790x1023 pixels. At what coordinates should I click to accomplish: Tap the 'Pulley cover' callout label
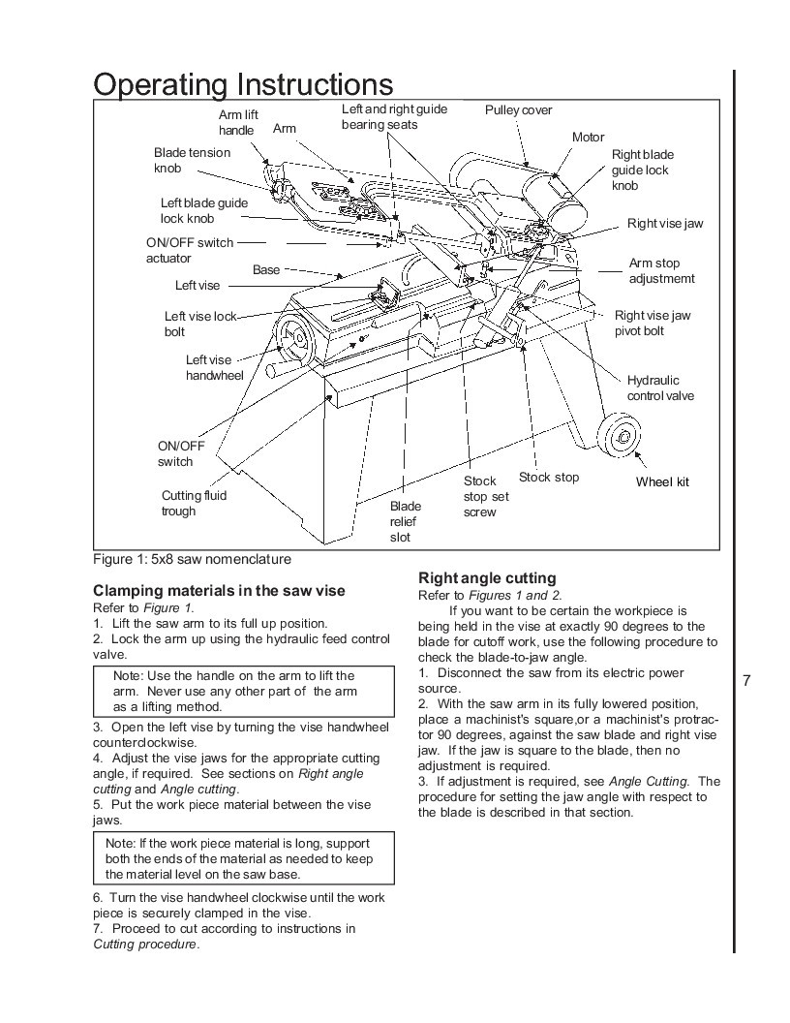point(518,110)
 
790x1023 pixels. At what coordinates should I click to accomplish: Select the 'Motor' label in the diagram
point(588,138)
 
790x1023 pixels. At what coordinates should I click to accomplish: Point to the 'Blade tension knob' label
point(192,160)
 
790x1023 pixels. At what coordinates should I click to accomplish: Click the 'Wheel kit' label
point(662,482)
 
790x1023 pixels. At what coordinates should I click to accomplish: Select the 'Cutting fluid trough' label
point(194,503)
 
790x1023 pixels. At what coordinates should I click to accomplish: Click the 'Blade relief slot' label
point(405,521)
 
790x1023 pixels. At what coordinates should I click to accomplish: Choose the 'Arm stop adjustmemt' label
point(661,270)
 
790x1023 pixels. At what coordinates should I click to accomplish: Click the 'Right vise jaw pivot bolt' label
point(653,323)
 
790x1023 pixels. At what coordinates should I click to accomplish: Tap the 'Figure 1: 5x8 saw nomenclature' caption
point(192,559)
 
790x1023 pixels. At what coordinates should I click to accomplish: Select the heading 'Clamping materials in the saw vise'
point(218,591)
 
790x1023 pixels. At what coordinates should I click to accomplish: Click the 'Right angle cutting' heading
point(486,578)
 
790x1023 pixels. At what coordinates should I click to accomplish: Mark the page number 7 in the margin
point(746,681)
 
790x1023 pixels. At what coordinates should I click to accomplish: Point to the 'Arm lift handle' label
point(237,122)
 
